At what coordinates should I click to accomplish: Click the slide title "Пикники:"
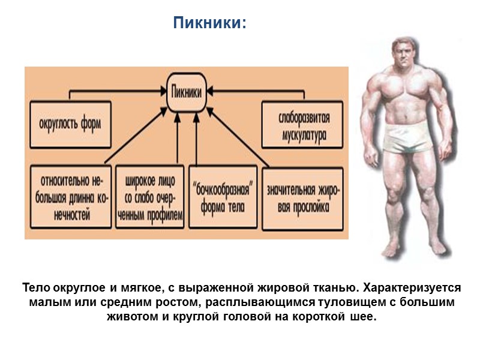point(209,23)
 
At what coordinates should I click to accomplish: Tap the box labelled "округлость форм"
point(70,125)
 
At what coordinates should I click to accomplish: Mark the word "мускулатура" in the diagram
point(304,134)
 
